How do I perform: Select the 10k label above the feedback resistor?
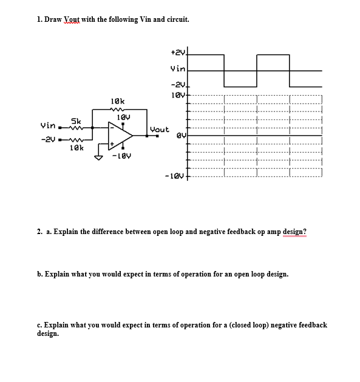tap(118, 100)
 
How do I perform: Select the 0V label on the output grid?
tap(179, 136)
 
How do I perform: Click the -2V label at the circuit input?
tap(48, 139)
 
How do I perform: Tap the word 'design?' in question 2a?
tap(294, 232)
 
